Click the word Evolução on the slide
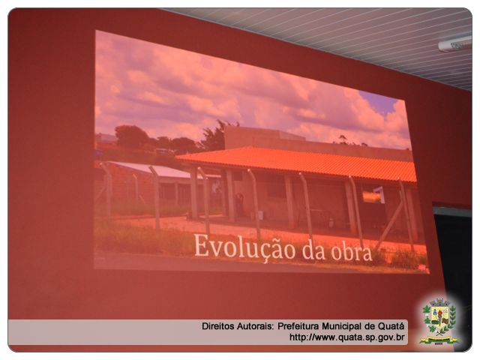coord(245,247)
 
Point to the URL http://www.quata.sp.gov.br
coord(346,337)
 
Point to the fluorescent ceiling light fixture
coord(455,43)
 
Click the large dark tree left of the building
coord(132,136)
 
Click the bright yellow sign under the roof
coord(372,196)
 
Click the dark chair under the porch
coord(239,203)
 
